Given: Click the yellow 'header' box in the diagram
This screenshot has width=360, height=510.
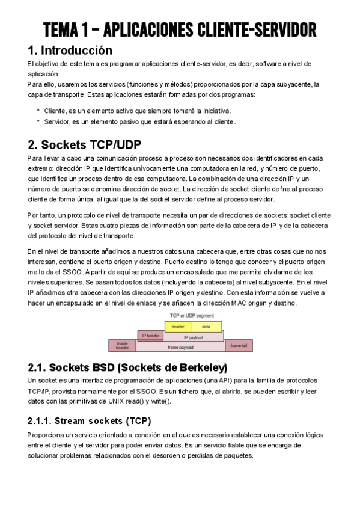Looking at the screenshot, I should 178,327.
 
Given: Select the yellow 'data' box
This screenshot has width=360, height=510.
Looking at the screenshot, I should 206,327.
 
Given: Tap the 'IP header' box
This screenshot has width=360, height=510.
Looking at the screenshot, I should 150,335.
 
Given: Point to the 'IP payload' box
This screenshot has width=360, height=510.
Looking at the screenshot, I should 193,337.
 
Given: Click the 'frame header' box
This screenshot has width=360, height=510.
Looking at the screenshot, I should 122,345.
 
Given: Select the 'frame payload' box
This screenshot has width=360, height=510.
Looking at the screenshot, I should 180,347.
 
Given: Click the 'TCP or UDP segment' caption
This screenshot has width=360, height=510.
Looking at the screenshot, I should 191,315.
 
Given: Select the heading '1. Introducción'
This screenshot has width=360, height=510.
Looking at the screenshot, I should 70,50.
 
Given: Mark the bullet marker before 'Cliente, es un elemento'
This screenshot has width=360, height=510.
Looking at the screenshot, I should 38,111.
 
